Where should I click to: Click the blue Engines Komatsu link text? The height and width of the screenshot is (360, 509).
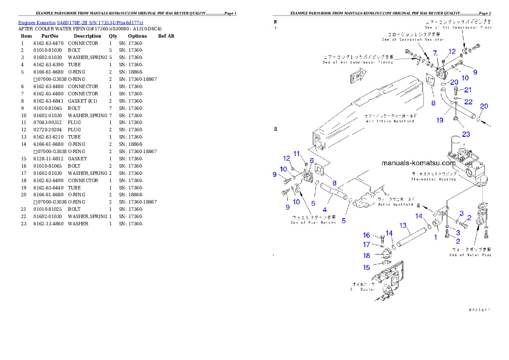pyautogui.click(x=80, y=22)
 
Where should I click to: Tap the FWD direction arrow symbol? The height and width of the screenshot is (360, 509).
pyautogui.click(x=358, y=77)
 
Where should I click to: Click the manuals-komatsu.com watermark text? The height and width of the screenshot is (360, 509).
pyautogui.click(x=418, y=163)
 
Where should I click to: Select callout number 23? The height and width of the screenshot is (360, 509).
pyautogui.click(x=465, y=134)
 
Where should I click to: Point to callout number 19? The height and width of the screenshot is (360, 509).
pyautogui.click(x=440, y=121)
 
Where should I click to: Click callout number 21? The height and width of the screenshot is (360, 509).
pyautogui.click(x=468, y=90)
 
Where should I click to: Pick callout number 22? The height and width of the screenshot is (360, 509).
pyautogui.click(x=469, y=102)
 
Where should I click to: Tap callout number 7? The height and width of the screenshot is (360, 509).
pyautogui.click(x=435, y=53)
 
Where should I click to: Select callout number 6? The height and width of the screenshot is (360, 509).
pyautogui.click(x=312, y=160)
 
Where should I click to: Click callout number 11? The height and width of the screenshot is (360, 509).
pyautogui.click(x=296, y=153)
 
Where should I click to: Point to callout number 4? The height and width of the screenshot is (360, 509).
pyautogui.click(x=325, y=210)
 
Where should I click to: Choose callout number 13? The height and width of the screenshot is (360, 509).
pyautogui.click(x=402, y=225)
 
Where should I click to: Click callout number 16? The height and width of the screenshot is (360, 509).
pyautogui.click(x=367, y=235)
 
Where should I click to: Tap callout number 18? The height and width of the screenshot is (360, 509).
pyautogui.click(x=367, y=255)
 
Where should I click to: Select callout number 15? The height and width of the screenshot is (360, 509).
pyautogui.click(x=367, y=268)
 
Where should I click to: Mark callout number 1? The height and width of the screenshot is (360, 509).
pyautogui.click(x=435, y=237)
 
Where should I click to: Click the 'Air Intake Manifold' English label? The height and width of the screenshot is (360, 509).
pyautogui.click(x=389, y=121)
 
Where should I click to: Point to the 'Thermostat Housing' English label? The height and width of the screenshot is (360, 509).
pyautogui.click(x=433, y=179)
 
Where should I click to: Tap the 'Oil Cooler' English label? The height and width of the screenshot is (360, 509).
pyautogui.click(x=363, y=289)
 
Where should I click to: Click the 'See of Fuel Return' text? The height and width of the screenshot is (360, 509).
pyautogui.click(x=313, y=222)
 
